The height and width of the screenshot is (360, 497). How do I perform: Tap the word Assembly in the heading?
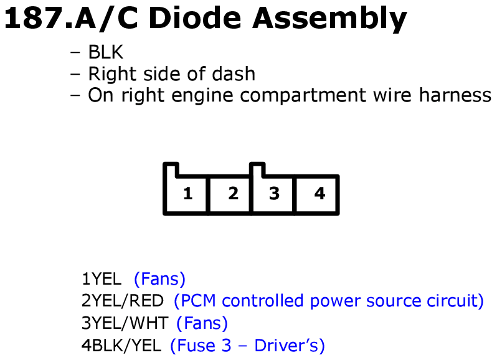pos(329,20)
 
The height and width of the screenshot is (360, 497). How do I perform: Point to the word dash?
pos(234,74)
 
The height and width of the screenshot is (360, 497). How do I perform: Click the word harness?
pos(455,95)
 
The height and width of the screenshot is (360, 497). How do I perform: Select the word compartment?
pos(303,96)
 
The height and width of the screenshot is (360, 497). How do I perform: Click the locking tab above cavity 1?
pos(171,169)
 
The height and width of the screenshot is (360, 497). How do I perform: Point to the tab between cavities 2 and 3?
pos(257,169)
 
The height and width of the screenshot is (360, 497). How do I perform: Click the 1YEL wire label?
pos(102,279)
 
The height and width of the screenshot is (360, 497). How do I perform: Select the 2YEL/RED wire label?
pos(122,301)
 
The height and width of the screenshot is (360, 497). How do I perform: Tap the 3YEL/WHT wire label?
pos(125,323)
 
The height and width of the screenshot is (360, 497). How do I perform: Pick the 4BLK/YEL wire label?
pos(121,346)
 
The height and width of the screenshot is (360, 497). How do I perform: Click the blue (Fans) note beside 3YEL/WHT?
pos(202,323)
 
